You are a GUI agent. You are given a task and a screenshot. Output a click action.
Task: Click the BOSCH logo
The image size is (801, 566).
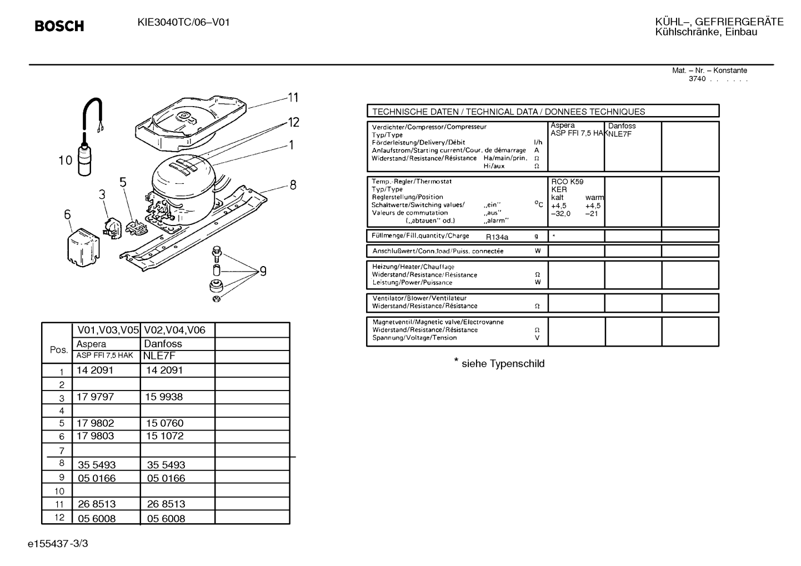pos(59,26)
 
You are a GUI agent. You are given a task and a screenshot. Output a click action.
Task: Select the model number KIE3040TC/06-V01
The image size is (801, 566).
pos(183,22)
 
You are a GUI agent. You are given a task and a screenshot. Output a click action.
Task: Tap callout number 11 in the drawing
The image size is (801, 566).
pos(293,98)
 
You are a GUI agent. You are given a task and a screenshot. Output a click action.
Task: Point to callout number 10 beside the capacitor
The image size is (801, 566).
pos(66,161)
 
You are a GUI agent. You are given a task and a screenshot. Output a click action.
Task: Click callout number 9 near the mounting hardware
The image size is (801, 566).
pos(263,272)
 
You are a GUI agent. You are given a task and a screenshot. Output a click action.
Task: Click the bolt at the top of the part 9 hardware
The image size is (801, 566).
pos(217,253)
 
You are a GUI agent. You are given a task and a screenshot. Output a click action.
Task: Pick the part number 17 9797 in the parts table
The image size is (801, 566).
pos(95,397)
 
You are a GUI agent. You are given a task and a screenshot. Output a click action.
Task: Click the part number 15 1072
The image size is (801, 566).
pos(164,436)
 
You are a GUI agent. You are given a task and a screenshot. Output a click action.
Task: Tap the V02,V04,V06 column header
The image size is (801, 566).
pos(174,330)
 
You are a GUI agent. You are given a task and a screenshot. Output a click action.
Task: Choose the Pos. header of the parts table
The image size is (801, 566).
pos(59,350)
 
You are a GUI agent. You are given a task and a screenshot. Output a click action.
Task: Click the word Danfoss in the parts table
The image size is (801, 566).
pos(163,344)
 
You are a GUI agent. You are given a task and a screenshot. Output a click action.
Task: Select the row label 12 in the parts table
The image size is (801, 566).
pos(59,517)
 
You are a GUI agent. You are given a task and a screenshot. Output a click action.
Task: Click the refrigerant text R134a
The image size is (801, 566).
pos(497,237)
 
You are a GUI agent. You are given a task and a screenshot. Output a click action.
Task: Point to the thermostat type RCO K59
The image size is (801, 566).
pos(567,182)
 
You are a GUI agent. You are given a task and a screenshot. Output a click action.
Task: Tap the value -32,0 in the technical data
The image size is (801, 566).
pos(560,214)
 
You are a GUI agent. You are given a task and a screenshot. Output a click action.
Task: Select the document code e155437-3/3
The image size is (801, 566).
pos(58,543)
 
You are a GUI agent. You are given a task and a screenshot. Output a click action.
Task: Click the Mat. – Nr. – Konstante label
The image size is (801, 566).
pos(709,71)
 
